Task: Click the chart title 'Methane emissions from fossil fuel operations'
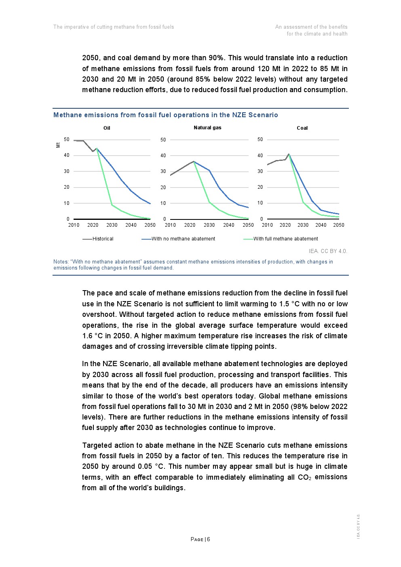[165, 115]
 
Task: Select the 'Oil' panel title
[107, 128]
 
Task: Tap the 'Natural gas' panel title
[207, 128]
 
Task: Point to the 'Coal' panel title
[302, 128]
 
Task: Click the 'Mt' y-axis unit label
[58, 144]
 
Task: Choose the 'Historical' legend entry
[103, 239]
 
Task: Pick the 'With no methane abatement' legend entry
[183, 239]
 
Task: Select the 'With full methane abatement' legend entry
[285, 239]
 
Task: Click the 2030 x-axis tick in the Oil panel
[112, 225]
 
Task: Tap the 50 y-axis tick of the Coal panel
[260, 139]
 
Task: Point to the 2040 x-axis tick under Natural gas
[229, 225]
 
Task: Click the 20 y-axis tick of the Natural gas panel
[163, 188]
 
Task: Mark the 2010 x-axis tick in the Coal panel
[267, 225]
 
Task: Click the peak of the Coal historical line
[289, 154]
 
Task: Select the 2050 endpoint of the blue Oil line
[150, 203]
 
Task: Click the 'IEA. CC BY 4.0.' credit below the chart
[328, 251]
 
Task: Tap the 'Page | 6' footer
[200, 539]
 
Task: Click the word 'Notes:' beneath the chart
[61, 262]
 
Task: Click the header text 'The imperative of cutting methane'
[114, 27]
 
